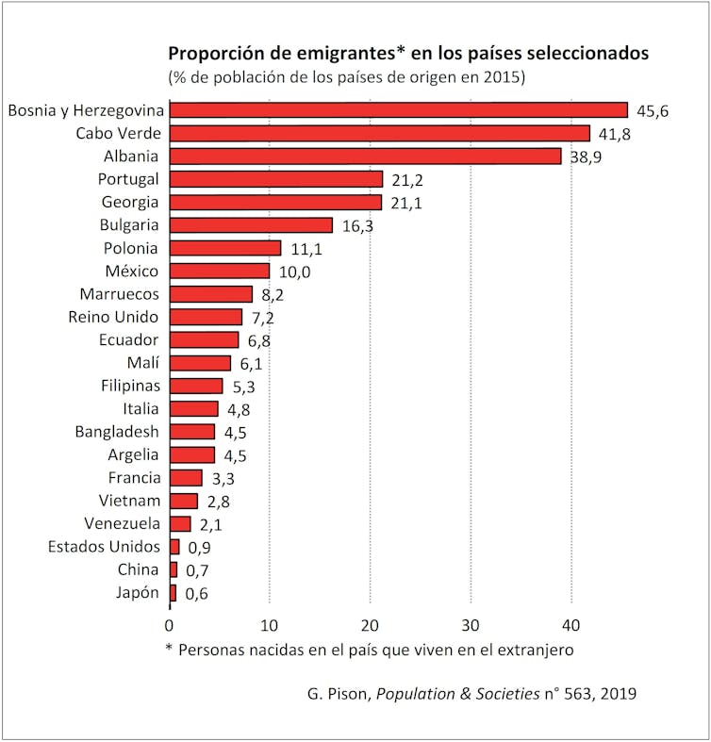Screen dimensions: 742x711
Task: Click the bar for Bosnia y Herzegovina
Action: (398, 110)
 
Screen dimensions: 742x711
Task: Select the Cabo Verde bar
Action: (379, 133)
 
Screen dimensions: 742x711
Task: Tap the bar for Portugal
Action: (276, 179)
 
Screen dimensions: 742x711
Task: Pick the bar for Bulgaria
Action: (251, 225)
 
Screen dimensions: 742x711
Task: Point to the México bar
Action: (220, 272)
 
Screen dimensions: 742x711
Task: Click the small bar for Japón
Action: (173, 593)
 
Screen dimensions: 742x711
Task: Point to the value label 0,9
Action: (198, 548)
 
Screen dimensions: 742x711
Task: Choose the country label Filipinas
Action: (131, 386)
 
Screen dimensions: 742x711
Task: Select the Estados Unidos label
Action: (104, 547)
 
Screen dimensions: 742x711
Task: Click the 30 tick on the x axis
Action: (471, 625)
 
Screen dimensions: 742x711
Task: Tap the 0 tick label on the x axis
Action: (170, 625)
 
